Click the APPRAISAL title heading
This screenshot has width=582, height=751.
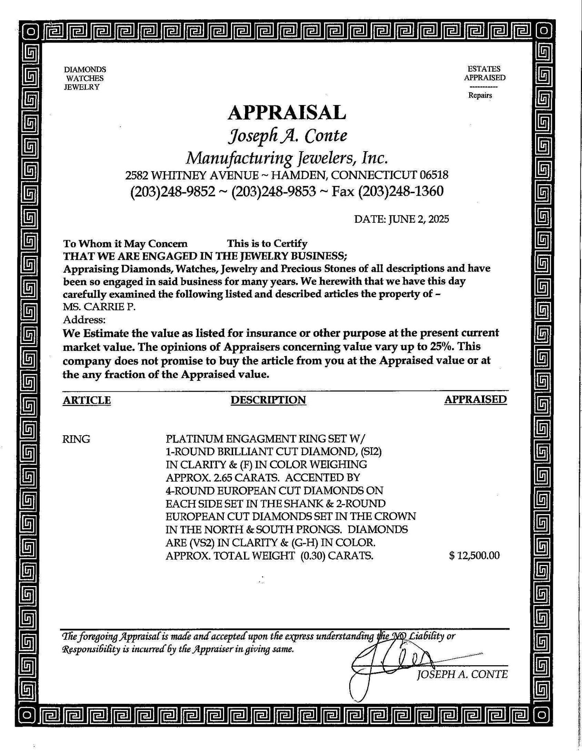287,112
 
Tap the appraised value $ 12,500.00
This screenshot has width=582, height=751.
474,556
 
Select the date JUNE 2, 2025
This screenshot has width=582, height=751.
418,219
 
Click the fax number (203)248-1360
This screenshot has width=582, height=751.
401,191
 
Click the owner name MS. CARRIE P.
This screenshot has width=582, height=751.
99,307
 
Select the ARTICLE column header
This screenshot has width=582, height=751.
87,400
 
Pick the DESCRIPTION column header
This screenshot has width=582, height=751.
268,400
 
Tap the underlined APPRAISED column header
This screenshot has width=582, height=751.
475,399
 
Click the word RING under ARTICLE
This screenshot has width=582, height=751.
76,439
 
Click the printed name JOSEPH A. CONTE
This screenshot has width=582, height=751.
462,675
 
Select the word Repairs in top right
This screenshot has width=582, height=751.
480,96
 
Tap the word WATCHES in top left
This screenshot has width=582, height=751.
85,78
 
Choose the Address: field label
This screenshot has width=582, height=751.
84,320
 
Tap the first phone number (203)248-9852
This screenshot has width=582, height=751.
172,191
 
